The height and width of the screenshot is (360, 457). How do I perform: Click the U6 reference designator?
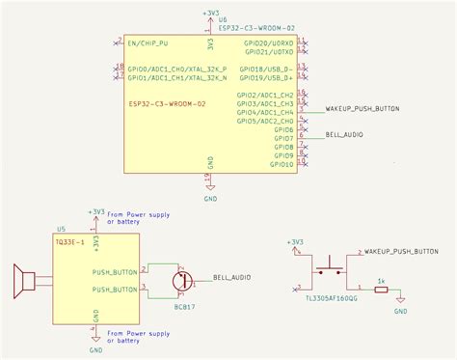click(x=224, y=20)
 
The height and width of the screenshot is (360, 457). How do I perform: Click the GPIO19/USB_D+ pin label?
click(x=269, y=77)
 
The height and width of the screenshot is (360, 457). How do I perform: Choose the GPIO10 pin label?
click(x=282, y=164)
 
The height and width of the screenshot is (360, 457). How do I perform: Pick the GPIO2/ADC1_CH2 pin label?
click(x=269, y=96)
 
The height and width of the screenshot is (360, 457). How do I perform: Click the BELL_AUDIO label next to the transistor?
click(x=231, y=277)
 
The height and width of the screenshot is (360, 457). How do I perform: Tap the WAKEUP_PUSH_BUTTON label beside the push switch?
click(x=401, y=251)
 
